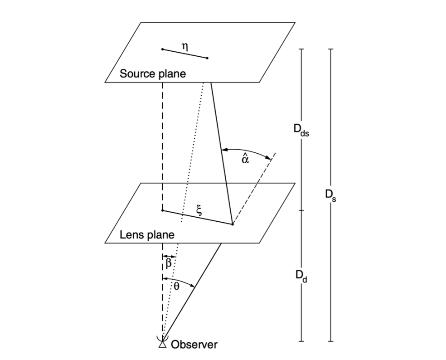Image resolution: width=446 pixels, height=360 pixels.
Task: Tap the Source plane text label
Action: tap(153, 74)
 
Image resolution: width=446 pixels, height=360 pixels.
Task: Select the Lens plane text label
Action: tap(147, 235)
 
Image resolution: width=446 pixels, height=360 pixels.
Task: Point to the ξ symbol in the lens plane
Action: tap(198, 209)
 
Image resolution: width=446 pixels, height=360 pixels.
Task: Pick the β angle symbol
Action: tap(168, 263)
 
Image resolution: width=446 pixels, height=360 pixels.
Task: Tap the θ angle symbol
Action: tap(177, 286)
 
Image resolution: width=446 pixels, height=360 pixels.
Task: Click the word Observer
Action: tap(194, 345)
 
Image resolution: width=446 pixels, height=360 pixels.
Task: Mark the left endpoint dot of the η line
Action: tap(162, 49)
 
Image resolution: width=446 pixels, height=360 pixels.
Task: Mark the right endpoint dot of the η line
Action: tap(207, 58)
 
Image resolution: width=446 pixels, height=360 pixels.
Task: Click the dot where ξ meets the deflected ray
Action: tap(232, 224)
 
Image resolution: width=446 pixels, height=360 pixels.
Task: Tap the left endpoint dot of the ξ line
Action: tap(162, 210)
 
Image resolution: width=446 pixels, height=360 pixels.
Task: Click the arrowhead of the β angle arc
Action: tap(173, 256)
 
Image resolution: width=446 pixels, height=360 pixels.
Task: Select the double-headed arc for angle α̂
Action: tap(247, 151)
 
